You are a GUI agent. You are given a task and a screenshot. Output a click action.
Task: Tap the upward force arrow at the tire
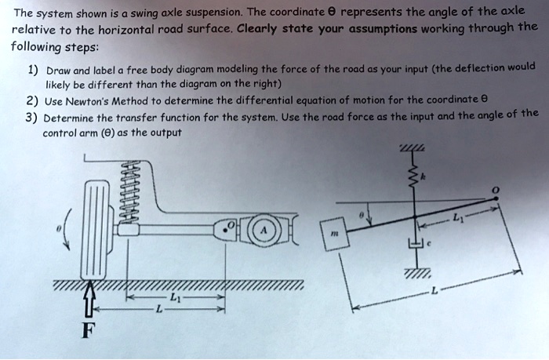(89, 302)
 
